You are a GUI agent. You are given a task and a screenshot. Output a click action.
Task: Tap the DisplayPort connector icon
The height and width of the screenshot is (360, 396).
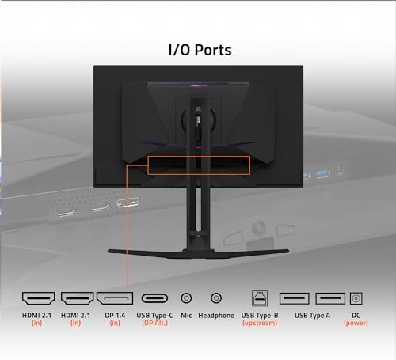coord(115,298)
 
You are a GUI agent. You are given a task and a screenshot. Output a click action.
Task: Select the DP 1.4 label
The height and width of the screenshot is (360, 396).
coord(115,315)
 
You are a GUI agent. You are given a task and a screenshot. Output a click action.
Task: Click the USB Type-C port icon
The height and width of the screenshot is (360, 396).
coord(154,298)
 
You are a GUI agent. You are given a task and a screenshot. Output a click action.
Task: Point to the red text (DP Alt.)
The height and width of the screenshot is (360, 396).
coord(154,323)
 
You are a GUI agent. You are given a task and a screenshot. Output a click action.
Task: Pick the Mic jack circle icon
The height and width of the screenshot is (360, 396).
coord(186,298)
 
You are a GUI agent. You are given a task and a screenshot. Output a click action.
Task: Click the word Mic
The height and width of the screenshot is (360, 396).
coord(186,315)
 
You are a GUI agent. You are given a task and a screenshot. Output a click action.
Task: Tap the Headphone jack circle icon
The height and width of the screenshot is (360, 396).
coord(215,298)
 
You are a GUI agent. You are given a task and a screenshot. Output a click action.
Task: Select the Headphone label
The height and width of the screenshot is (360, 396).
coord(215,315)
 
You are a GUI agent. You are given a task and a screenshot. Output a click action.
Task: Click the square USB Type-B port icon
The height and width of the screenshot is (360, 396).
coord(258,298)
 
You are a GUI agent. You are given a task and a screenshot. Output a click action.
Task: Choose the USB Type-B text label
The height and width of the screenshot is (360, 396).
coord(258,315)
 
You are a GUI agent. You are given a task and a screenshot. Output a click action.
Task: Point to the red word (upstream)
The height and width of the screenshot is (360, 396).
coord(258,323)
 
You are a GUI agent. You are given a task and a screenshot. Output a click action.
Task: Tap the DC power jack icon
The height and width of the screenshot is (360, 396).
coord(356,298)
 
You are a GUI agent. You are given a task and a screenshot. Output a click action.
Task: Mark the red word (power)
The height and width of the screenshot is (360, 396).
coord(356,323)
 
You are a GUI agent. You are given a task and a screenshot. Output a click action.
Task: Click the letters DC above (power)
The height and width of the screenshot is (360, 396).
coord(356,315)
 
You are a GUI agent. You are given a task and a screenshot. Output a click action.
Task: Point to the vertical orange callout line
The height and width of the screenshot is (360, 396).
coord(128,229)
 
